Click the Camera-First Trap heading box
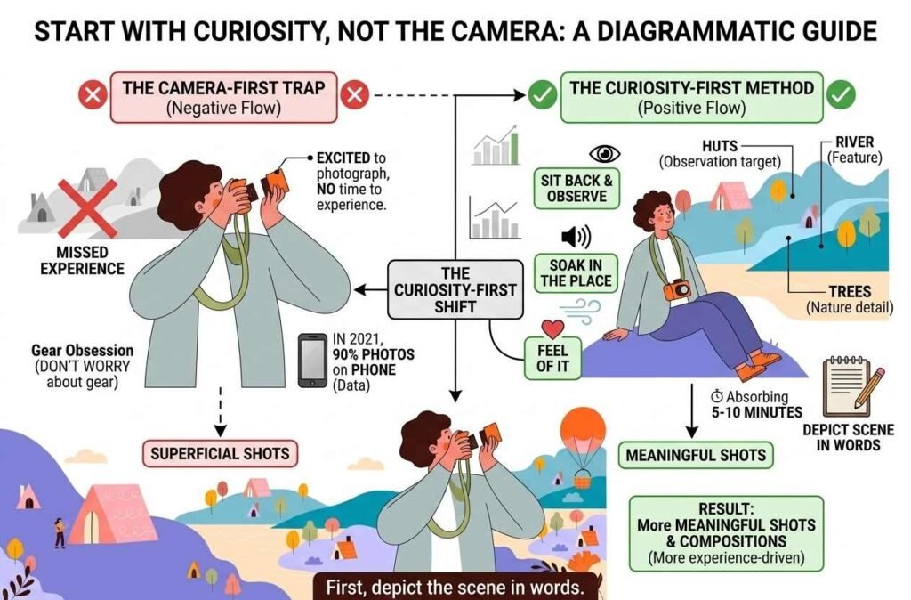222,96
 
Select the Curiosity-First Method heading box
690,96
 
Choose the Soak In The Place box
576,272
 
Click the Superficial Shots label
220,453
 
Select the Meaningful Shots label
696,455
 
